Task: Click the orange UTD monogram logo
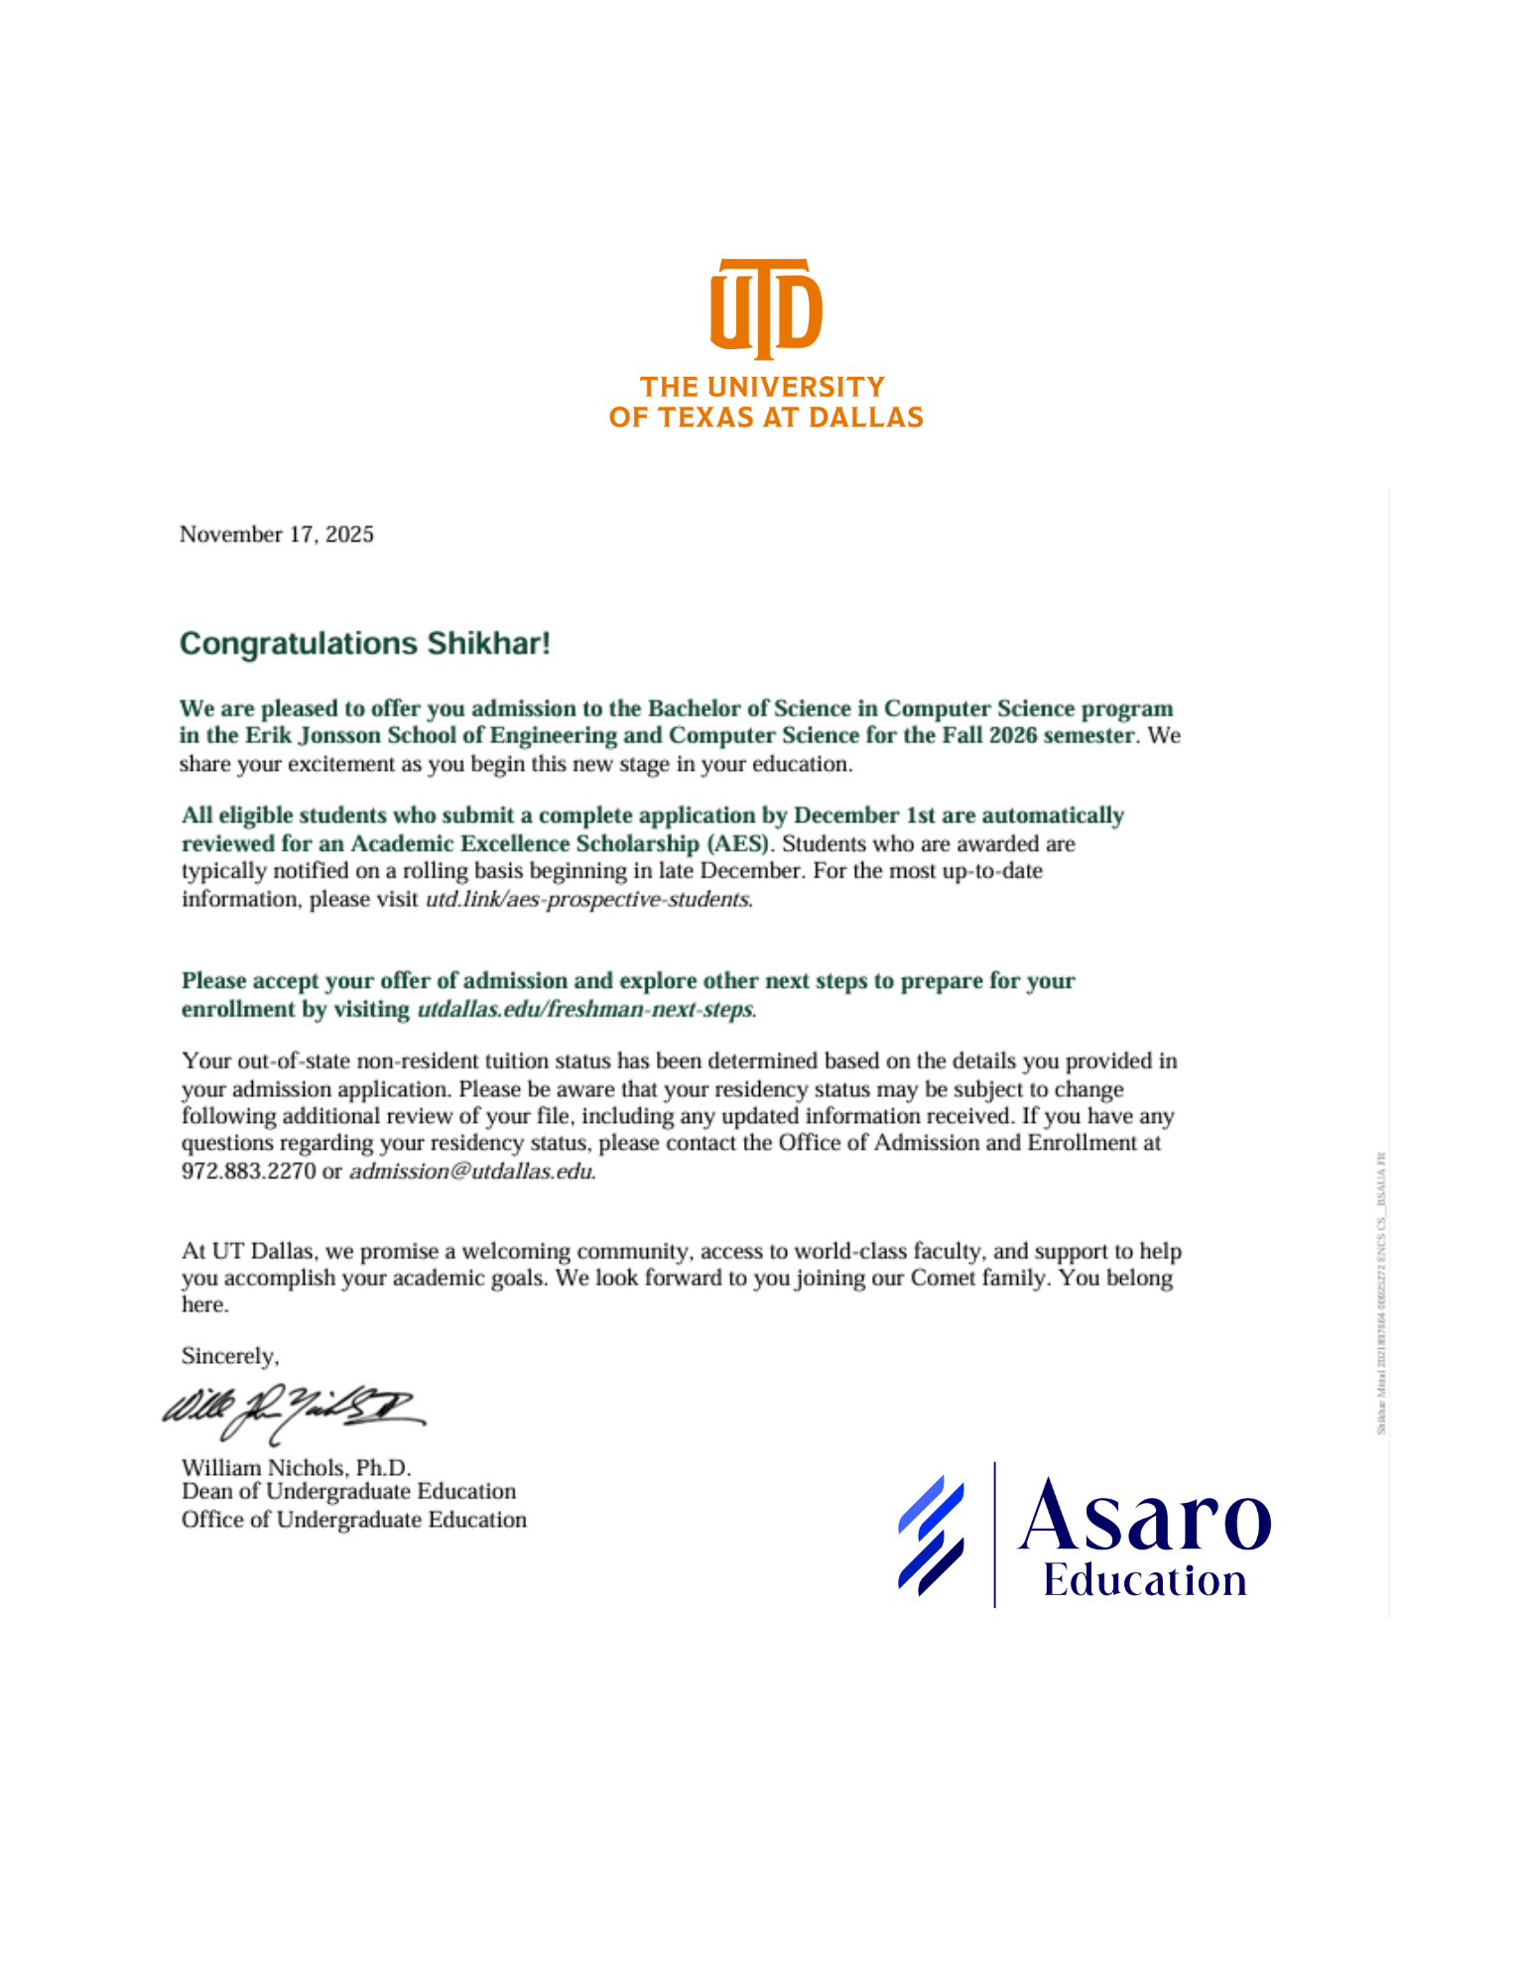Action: coord(765,309)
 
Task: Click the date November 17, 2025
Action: coord(276,535)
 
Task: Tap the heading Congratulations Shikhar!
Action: coord(364,644)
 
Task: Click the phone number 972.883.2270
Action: coord(248,1172)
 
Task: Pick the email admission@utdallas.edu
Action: coord(471,1172)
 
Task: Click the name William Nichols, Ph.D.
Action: coord(296,1467)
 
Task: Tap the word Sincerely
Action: coord(229,1356)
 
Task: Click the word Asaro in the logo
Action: coord(1144,1517)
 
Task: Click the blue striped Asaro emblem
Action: coord(931,1536)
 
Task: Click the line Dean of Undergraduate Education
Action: coord(348,1492)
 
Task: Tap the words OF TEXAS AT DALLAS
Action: coord(765,418)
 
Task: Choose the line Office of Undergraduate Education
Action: coord(353,1520)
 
